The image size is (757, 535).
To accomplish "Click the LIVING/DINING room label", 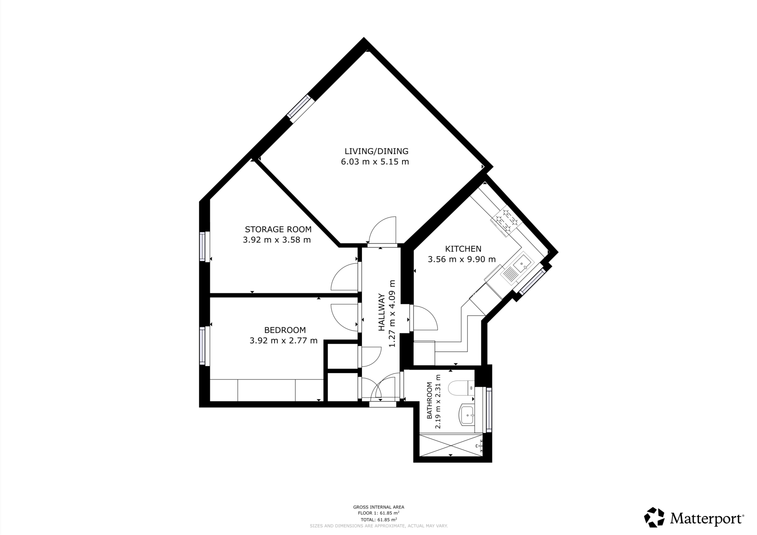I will (376, 151).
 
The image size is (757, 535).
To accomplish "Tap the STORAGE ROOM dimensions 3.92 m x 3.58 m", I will (276, 240).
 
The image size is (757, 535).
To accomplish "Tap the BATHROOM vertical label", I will (430, 401).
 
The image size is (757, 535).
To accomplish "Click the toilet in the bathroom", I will (461, 388).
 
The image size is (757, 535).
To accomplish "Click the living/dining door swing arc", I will (383, 230).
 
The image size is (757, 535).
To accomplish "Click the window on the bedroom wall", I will (203, 345).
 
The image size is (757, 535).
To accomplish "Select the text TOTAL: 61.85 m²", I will (378, 519).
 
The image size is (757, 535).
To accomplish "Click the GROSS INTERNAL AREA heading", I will (378, 507).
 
